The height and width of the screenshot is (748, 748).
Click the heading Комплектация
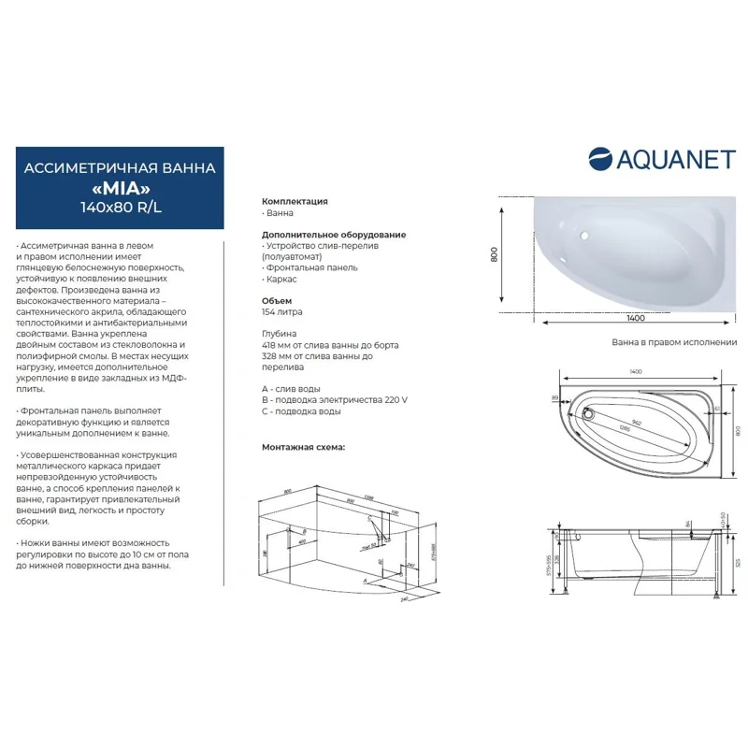point(295,201)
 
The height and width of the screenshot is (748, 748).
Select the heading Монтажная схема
point(303,447)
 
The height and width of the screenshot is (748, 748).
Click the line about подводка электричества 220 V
point(335,399)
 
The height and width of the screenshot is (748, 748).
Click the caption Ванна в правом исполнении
point(673,342)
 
